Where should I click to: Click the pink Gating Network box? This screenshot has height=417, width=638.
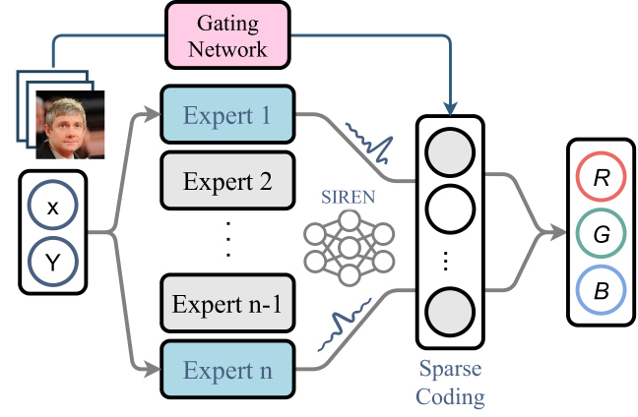[227, 35]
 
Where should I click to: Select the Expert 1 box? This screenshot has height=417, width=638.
[227, 115]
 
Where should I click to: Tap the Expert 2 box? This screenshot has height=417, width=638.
[227, 180]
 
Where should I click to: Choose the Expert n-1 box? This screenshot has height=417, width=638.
[227, 303]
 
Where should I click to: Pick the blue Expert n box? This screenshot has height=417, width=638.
[227, 369]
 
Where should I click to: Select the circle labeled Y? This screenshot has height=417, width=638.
[53, 262]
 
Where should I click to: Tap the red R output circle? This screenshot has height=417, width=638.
[601, 176]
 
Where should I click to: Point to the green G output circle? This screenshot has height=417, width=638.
[601, 233]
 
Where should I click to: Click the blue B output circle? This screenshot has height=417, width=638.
[601, 290]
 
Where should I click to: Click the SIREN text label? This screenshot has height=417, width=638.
[348, 197]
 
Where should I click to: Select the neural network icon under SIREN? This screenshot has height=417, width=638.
[350, 248]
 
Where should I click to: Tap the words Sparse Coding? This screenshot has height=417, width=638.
[450, 382]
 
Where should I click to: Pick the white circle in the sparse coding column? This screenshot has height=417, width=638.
[450, 208]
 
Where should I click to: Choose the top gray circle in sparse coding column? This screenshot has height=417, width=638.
[450, 152]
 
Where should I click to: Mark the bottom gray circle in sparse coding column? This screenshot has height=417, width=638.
[450, 312]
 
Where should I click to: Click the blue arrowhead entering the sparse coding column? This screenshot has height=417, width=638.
[450, 109]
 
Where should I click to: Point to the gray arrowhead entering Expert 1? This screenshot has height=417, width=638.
[153, 114]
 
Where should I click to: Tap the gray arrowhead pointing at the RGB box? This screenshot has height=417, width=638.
[558, 233]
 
